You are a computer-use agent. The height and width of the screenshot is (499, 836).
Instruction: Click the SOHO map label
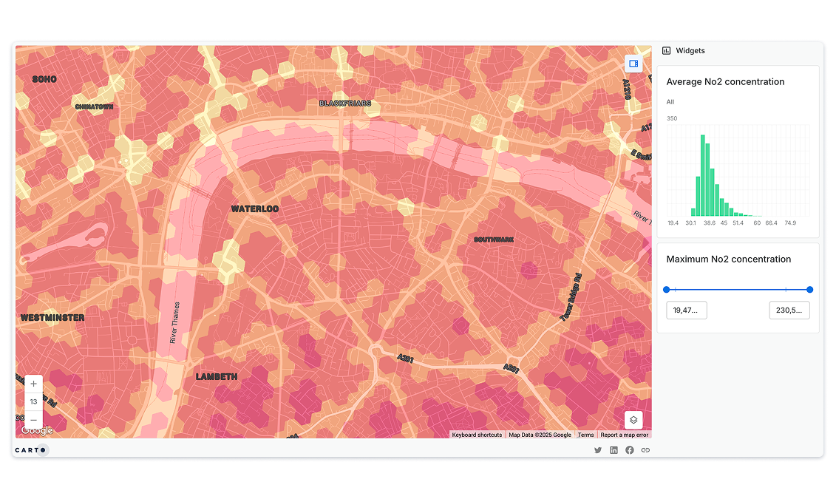click(x=45, y=78)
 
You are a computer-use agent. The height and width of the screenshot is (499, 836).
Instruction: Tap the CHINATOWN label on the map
click(x=94, y=107)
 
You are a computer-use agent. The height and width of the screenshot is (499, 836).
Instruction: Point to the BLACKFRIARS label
click(x=345, y=103)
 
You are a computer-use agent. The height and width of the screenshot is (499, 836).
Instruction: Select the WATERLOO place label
click(x=255, y=209)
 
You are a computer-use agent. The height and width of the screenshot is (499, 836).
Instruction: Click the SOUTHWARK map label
click(x=494, y=240)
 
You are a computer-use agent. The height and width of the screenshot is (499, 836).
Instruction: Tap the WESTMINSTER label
click(x=52, y=318)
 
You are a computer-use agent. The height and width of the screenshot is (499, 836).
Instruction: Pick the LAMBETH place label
click(x=217, y=377)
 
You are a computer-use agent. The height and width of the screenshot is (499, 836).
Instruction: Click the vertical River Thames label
click(x=174, y=322)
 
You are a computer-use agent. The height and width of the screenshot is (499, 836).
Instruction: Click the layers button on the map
click(x=633, y=420)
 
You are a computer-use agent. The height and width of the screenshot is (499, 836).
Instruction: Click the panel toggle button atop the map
click(x=633, y=64)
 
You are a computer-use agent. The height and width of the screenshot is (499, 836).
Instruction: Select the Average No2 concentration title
click(x=725, y=82)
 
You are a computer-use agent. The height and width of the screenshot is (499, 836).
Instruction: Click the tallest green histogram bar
click(x=702, y=176)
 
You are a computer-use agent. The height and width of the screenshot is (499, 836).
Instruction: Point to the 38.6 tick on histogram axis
click(x=710, y=223)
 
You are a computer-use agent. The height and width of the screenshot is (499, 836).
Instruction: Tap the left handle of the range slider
click(x=667, y=290)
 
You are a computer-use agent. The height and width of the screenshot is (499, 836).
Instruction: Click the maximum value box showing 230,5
click(x=789, y=310)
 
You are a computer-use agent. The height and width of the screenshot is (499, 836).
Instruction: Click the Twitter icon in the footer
click(x=598, y=450)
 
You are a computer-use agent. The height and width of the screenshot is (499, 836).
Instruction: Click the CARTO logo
click(x=30, y=449)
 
